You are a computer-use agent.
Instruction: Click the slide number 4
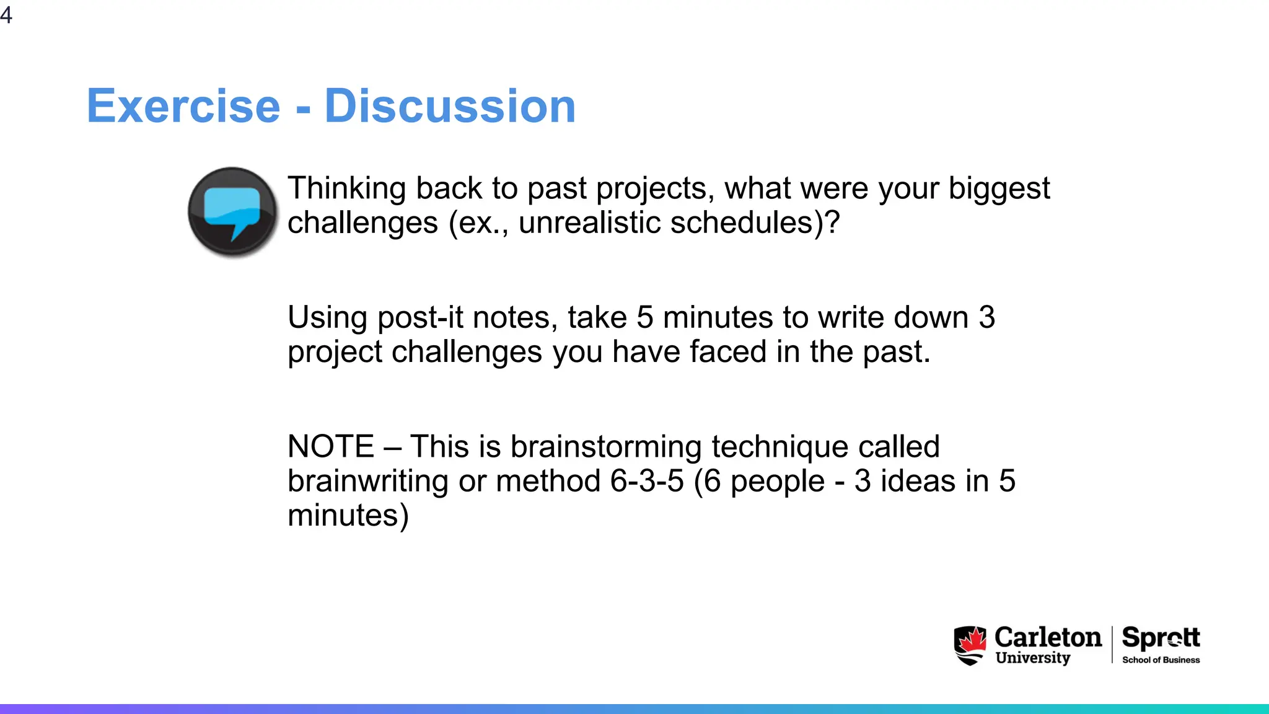(x=6, y=14)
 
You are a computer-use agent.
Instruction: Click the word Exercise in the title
(x=183, y=106)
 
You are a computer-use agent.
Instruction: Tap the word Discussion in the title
(x=450, y=106)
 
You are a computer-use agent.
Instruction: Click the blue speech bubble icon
(x=232, y=211)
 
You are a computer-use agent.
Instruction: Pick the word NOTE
(x=331, y=447)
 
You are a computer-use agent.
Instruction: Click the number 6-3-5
(x=646, y=482)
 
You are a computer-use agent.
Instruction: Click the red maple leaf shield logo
(x=970, y=645)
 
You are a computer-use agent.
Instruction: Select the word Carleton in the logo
(x=1048, y=638)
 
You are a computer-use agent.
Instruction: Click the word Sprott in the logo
(x=1161, y=638)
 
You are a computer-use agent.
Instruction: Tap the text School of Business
(x=1161, y=660)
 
